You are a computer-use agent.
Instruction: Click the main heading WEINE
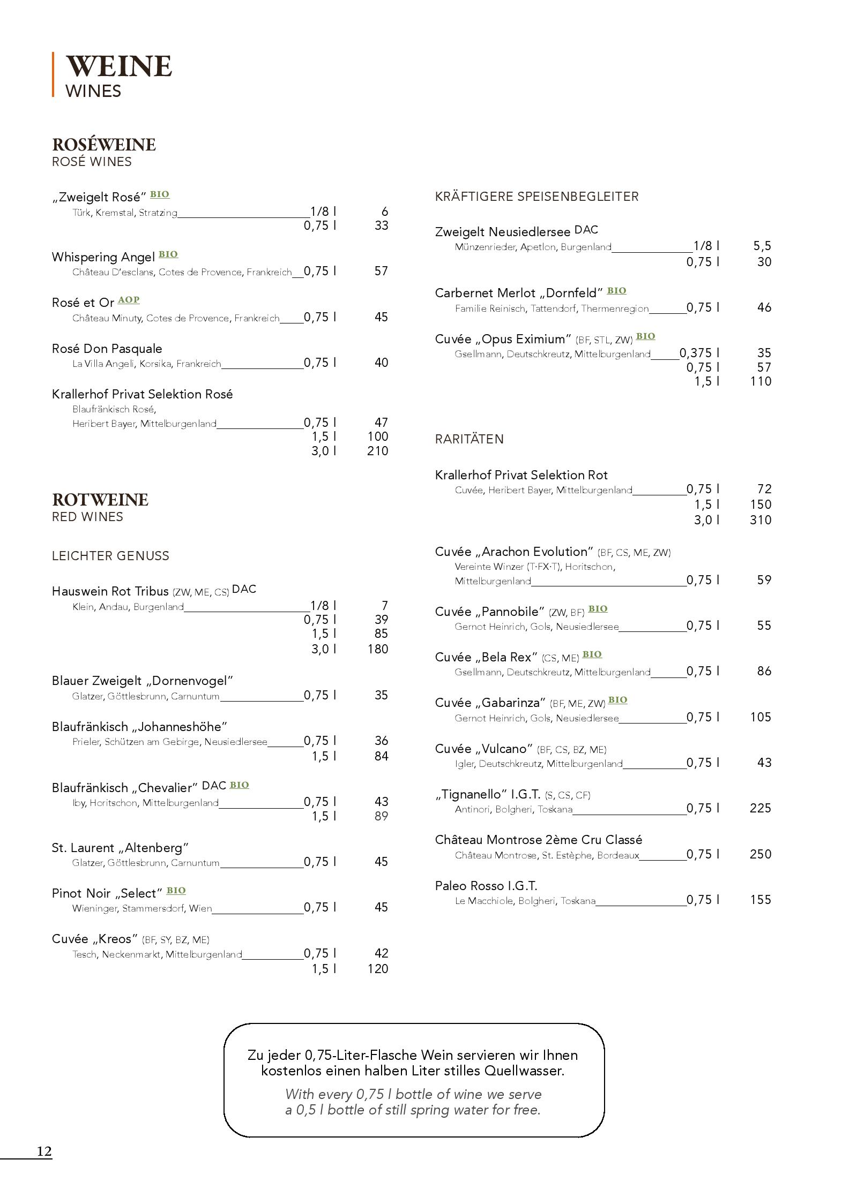[x=118, y=66]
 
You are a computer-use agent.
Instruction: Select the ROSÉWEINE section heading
[x=103, y=145]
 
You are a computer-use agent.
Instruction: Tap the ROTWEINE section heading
[x=100, y=500]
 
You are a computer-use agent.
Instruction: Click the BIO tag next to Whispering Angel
[x=168, y=254]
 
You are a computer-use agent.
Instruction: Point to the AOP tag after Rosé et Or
[x=129, y=300]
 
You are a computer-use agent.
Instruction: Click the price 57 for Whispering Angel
[x=381, y=271]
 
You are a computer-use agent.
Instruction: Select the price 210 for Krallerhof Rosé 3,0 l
[x=378, y=451]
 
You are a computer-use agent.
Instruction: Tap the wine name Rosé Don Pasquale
[x=107, y=349]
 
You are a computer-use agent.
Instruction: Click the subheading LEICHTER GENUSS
[x=110, y=556]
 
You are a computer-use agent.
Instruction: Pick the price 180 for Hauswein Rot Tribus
[x=378, y=649]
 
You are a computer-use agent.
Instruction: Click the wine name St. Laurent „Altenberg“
[x=121, y=848]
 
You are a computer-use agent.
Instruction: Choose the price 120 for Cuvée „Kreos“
[x=378, y=969]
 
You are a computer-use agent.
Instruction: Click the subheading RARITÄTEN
[x=470, y=439]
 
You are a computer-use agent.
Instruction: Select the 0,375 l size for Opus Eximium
[x=699, y=353]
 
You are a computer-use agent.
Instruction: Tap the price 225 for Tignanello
[x=761, y=808]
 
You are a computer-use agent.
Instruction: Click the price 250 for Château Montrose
[x=761, y=854]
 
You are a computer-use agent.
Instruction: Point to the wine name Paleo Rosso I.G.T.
[x=486, y=886]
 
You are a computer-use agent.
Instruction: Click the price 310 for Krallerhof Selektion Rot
[x=761, y=520]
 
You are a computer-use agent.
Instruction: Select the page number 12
[x=44, y=1151]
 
